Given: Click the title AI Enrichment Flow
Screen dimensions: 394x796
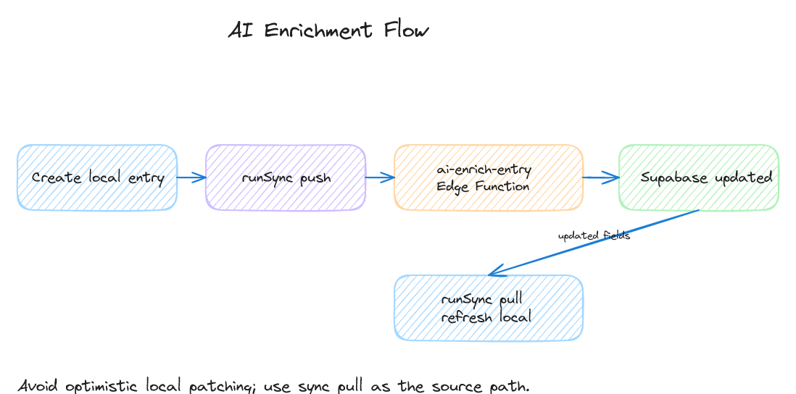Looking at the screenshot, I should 328,30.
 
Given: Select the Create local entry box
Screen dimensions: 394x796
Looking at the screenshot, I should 97,177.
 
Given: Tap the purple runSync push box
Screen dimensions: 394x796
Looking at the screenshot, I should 286,177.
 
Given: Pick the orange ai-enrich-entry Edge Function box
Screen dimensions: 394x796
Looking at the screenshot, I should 488,177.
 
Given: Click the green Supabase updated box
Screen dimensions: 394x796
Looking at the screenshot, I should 698,177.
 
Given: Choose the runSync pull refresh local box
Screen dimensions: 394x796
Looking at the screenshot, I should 488,308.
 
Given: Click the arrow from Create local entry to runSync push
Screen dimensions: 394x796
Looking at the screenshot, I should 191,177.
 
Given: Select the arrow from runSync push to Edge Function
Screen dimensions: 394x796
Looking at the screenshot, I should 379,177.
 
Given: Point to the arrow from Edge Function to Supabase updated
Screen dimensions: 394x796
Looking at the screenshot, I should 600,177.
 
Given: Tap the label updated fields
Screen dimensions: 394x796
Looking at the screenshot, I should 594,235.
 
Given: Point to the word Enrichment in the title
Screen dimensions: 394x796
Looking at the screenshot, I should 318,30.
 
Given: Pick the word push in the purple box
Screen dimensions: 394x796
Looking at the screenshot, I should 315,178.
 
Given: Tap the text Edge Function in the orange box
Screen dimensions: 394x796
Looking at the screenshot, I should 483,186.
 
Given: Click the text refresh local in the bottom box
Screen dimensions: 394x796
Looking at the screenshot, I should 486,317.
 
